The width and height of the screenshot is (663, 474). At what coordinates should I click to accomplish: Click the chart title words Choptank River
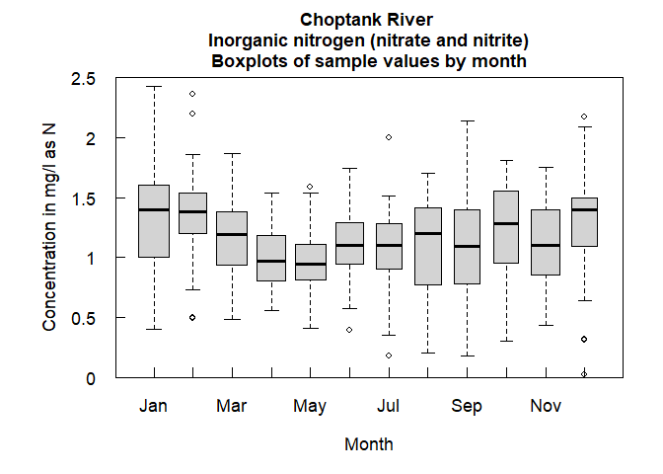(x=368, y=20)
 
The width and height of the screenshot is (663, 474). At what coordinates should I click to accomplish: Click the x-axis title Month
(x=368, y=444)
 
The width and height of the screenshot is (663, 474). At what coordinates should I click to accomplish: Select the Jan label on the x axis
(x=154, y=406)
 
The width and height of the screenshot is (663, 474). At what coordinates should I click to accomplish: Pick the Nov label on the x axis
(x=545, y=406)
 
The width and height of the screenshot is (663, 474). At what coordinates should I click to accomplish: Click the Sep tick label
(x=467, y=406)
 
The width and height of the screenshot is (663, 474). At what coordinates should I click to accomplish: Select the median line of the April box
(x=271, y=261)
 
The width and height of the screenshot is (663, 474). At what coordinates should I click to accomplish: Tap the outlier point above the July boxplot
(x=389, y=137)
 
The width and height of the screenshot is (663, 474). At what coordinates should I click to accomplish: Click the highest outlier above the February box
(x=193, y=94)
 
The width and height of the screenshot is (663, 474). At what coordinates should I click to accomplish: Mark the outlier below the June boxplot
(x=349, y=330)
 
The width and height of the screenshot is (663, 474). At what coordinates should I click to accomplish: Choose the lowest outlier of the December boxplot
(x=584, y=374)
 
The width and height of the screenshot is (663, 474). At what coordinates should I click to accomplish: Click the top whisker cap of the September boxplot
(x=467, y=121)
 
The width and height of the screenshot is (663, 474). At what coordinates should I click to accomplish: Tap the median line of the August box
(x=428, y=234)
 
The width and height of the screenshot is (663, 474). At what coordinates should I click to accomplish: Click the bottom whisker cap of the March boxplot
(x=232, y=319)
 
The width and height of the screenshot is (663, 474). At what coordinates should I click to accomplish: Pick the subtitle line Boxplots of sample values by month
(x=368, y=60)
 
